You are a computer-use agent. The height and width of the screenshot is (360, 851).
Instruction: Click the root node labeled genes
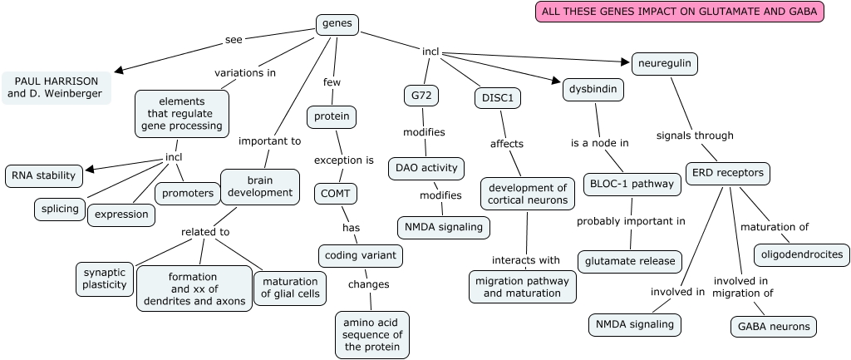click(x=337, y=24)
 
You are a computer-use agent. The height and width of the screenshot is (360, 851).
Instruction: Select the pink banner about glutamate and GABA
click(x=679, y=12)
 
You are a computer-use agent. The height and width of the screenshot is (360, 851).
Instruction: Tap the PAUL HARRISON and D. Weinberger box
click(x=56, y=86)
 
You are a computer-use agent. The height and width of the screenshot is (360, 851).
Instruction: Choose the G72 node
click(x=421, y=96)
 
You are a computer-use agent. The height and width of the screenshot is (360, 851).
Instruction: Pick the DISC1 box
click(x=498, y=98)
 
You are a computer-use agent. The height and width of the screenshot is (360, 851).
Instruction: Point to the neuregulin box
click(x=664, y=63)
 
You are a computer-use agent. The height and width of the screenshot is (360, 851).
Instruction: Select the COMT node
click(x=337, y=194)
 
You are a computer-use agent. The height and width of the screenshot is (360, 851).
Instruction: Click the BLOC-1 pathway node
click(x=632, y=184)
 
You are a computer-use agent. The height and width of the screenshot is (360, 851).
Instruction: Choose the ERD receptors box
click(x=728, y=174)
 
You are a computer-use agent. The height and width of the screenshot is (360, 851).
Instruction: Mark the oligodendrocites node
click(x=801, y=254)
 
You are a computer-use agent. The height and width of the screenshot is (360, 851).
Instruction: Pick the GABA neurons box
click(x=773, y=326)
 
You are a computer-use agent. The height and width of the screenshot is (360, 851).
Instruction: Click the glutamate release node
click(x=630, y=261)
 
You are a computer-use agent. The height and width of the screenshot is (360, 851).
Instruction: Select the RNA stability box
click(x=44, y=175)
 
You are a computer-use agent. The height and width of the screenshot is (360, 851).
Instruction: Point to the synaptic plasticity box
click(x=105, y=279)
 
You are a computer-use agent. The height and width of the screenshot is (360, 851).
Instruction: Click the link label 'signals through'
click(x=695, y=136)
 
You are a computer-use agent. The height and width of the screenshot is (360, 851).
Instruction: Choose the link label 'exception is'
click(x=343, y=160)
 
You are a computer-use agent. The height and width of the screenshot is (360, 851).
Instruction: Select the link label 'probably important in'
click(x=631, y=221)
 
